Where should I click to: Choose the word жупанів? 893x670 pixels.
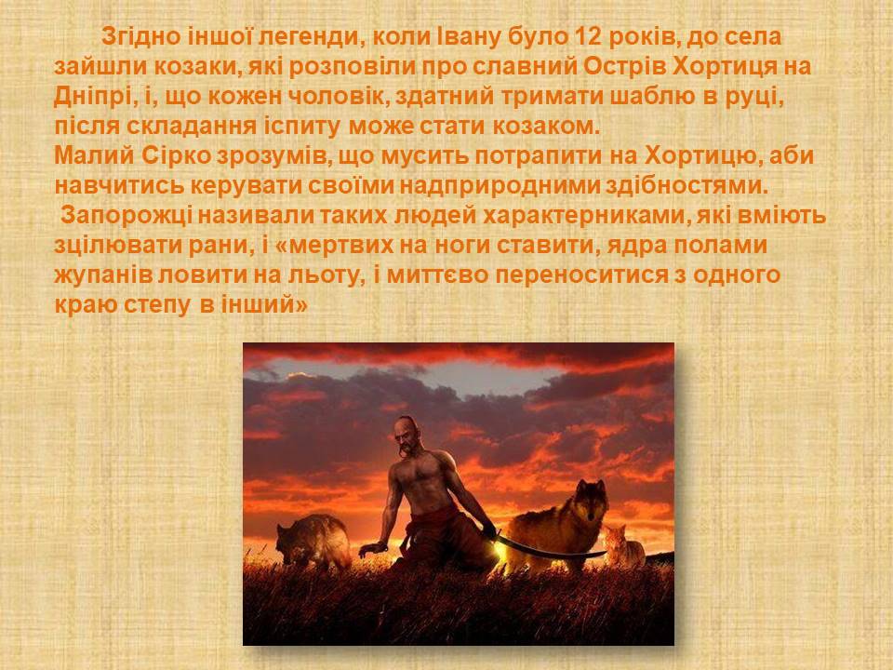point(102,275)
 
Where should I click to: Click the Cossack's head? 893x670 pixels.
point(408,435)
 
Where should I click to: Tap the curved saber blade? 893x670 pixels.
point(548,548)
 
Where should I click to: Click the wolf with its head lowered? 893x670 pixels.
point(313,542)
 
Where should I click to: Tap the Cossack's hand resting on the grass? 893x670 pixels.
point(373,549)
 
